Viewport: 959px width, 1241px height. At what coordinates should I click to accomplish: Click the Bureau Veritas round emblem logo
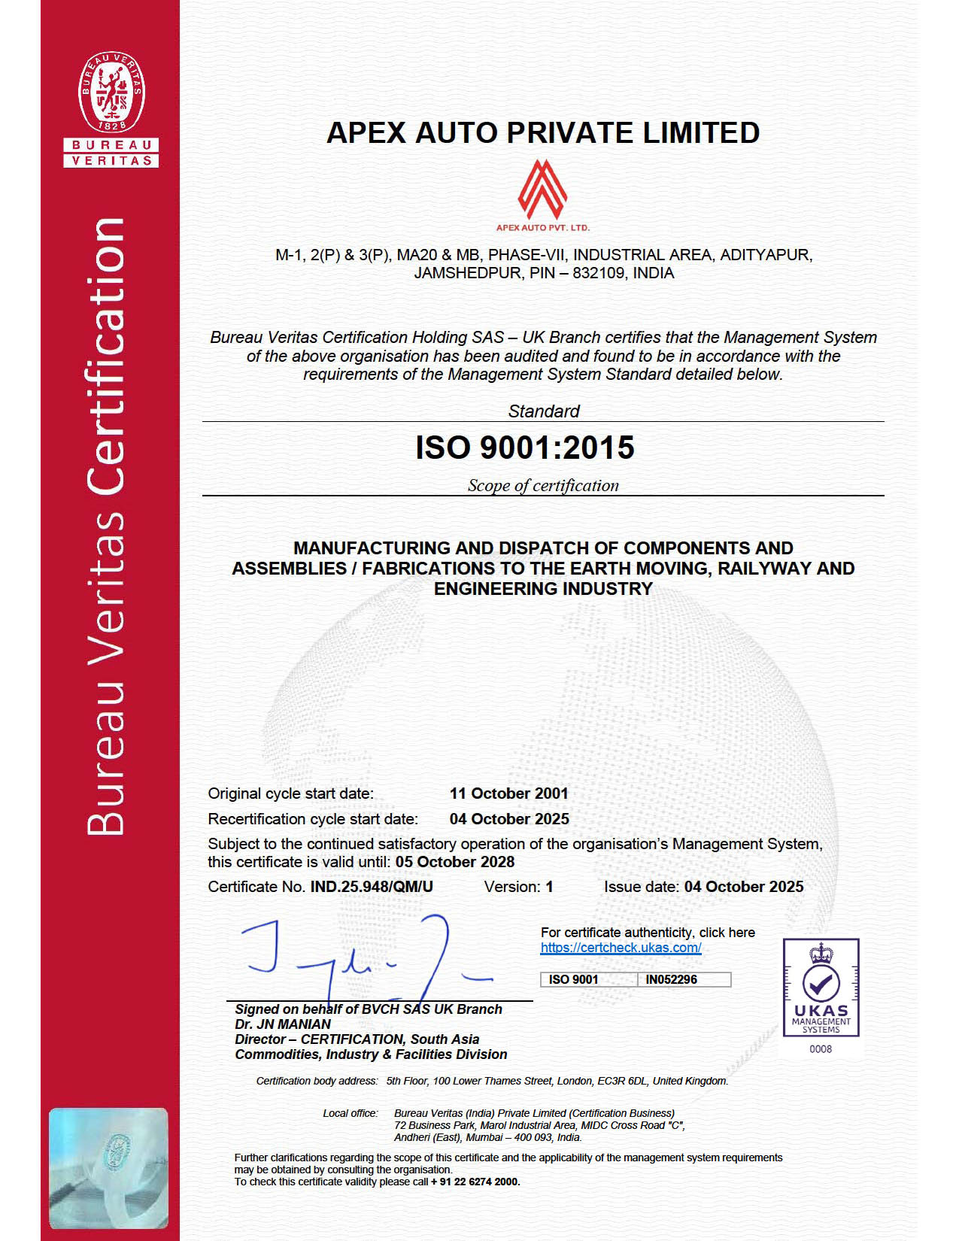coord(111,93)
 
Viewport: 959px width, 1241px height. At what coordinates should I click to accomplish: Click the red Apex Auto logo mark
coord(542,188)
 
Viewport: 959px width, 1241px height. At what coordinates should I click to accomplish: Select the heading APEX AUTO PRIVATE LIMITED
coord(543,133)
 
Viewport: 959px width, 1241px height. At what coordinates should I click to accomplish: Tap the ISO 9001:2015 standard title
coord(525,448)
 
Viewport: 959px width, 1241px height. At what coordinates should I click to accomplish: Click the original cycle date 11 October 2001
coord(508,793)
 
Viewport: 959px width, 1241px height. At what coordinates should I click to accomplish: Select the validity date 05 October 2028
coord(455,862)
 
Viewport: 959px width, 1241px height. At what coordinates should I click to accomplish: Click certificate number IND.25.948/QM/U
coord(372,887)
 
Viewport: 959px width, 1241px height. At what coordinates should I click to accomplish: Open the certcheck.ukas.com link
coord(621,948)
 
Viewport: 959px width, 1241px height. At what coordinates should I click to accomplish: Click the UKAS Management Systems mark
coord(821,988)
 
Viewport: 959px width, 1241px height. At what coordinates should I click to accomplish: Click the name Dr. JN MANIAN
coord(283,1024)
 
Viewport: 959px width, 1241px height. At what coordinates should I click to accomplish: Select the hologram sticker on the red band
coord(108,1167)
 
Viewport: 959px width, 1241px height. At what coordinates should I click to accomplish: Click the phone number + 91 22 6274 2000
coord(475,1182)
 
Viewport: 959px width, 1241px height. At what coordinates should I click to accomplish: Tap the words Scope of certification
coord(543,486)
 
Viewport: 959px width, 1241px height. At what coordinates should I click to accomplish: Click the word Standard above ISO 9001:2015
coord(543,411)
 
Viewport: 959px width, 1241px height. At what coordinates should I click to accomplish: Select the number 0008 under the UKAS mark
coord(821,1049)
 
